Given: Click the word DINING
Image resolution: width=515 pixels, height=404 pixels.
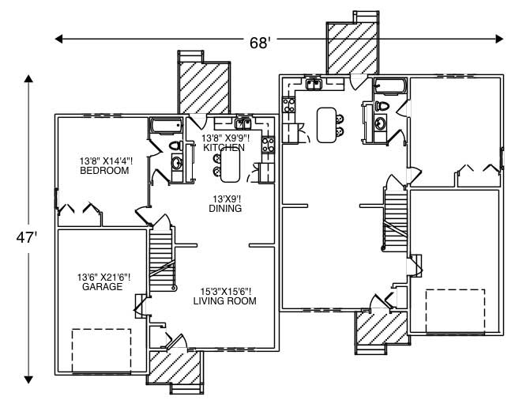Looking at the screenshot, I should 224,208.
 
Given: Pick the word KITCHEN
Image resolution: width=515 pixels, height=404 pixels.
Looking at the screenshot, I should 224,147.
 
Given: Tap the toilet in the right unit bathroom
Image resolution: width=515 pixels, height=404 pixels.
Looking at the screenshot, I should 383,106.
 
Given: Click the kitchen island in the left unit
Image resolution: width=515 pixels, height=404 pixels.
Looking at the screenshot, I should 230,164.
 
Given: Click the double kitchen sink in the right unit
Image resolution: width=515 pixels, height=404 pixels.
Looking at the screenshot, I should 313,83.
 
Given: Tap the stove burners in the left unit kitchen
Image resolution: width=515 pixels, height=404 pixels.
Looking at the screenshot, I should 268,144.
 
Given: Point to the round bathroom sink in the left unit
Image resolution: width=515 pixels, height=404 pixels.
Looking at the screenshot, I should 177,163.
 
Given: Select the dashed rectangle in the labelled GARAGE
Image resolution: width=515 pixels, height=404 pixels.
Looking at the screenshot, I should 102,345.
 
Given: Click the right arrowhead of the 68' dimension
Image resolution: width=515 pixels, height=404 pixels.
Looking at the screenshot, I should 499,38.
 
